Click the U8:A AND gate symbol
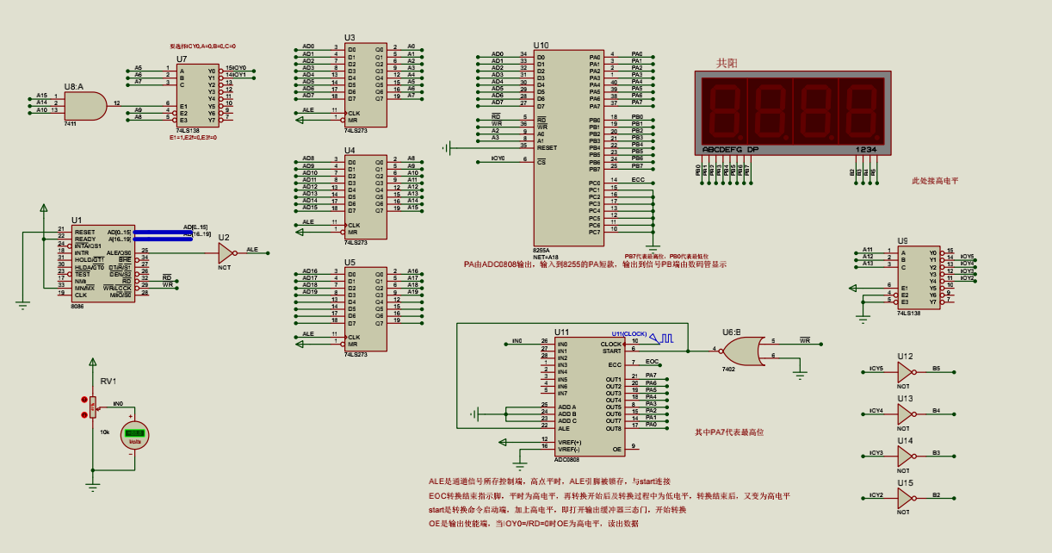coord(84,104)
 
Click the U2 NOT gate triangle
coord(226,252)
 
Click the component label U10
coord(541,45)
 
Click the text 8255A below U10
coord(541,250)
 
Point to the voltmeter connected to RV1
coord(133,435)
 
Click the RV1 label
coord(108,381)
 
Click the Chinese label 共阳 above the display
coord(727,64)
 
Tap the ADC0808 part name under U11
coord(566,459)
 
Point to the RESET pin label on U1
coord(84,232)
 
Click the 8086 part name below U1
coord(77,306)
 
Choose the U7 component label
coord(182,59)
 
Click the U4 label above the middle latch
coord(350,150)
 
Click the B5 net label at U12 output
coord(936,368)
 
